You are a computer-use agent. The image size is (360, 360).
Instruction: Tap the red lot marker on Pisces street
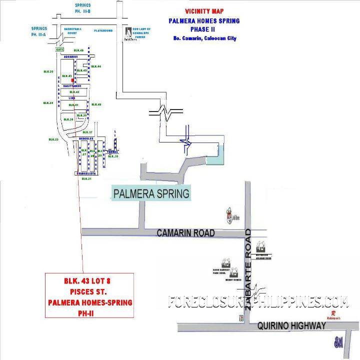(x=73, y=80)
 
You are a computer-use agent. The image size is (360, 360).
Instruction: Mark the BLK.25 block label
(x=48, y=72)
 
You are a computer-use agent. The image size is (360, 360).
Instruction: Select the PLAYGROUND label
(x=103, y=30)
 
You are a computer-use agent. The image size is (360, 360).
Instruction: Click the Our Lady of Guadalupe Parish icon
(x=129, y=32)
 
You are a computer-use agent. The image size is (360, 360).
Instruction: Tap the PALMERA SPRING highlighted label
(x=151, y=193)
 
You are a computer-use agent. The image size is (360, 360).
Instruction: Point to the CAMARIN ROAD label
(x=185, y=233)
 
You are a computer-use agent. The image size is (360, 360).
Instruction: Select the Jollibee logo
(x=229, y=215)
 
